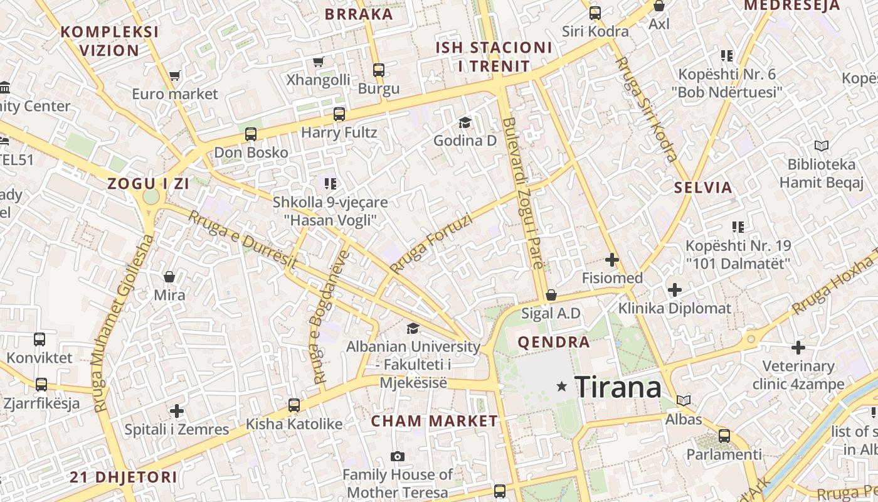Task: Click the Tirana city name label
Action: (618, 387)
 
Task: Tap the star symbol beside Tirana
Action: (562, 387)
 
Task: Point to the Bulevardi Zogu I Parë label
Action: (522, 193)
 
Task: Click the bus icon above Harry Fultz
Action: (339, 114)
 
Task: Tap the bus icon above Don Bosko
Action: (251, 134)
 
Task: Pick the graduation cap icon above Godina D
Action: (465, 122)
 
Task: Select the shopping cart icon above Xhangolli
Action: (318, 61)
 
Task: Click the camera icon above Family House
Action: (397, 456)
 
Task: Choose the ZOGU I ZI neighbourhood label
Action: (148, 184)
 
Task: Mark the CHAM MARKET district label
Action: (434, 421)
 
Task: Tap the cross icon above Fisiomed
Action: (612, 260)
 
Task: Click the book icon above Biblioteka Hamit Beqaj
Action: (821, 146)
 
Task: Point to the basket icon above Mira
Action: (169, 277)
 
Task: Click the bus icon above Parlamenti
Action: (724, 435)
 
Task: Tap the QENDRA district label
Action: (553, 343)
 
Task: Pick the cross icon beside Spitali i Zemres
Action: (177, 412)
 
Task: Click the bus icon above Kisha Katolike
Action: (294, 405)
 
